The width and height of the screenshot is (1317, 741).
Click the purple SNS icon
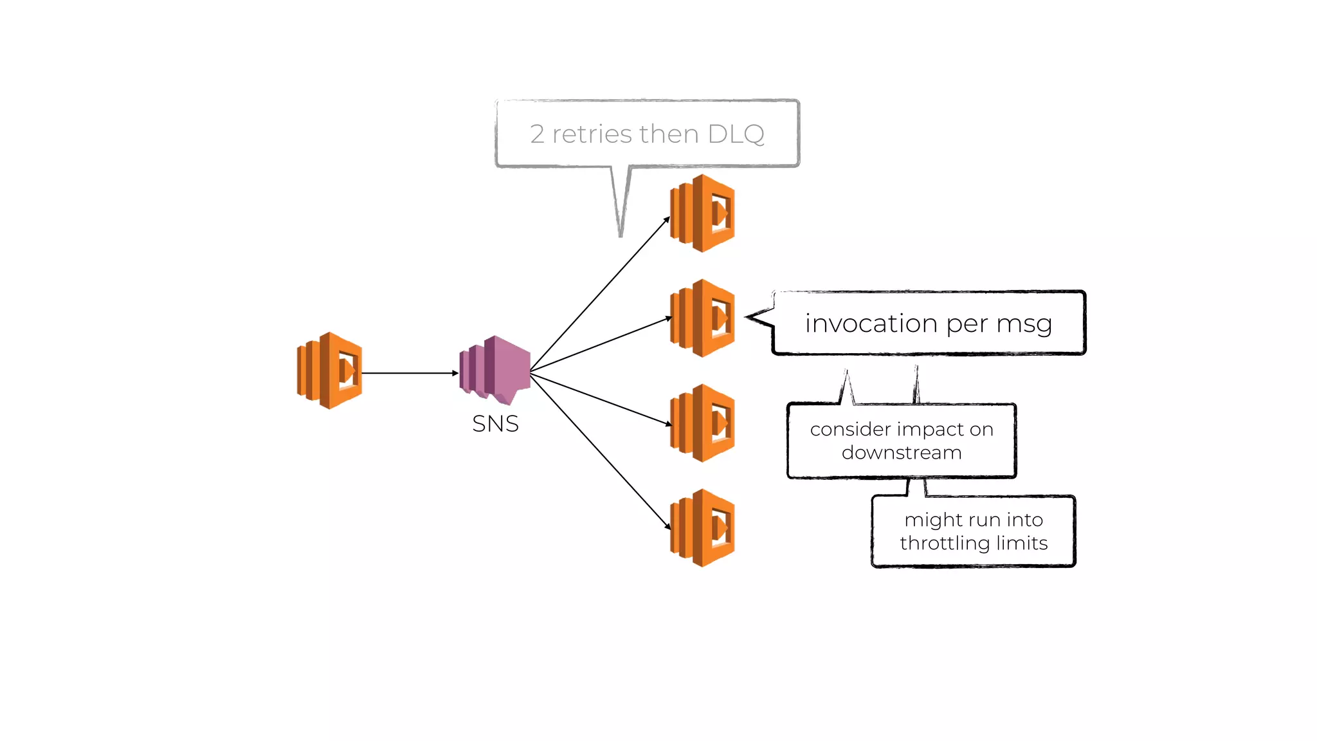point(496,369)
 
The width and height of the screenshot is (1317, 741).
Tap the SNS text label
point(495,424)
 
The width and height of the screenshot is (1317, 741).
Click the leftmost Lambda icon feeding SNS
point(329,370)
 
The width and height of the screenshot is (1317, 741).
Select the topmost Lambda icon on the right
point(702,213)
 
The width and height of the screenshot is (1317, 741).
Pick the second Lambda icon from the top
point(702,318)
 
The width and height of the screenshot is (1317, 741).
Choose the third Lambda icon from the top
point(702,423)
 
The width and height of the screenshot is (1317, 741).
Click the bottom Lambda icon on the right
point(702,527)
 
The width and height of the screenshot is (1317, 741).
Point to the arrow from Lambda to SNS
point(409,373)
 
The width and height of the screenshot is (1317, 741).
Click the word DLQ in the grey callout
point(736,134)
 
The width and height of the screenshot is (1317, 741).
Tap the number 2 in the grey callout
point(537,134)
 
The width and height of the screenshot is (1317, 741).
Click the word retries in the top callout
point(592,134)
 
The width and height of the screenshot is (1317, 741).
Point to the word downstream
point(902,453)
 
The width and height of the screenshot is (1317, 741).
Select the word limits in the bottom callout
point(1022,544)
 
